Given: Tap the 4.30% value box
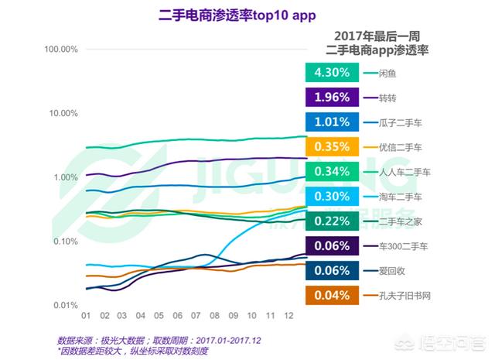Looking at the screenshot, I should tap(332, 73).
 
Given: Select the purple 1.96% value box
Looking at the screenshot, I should tap(332, 98).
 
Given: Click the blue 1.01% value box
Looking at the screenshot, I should tap(332, 122).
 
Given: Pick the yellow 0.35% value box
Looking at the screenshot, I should tap(332, 147).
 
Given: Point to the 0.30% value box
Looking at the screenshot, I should tap(332, 196).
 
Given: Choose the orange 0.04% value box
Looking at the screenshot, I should tap(332, 295).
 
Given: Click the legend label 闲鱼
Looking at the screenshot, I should tap(389, 74).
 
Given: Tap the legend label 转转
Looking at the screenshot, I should tap(389, 98).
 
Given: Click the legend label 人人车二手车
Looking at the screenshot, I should tap(405, 172).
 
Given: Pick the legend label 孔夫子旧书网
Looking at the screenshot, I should tap(405, 295).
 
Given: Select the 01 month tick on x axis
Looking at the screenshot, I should tap(87, 317).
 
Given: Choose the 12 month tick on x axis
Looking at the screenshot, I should tap(288, 317).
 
